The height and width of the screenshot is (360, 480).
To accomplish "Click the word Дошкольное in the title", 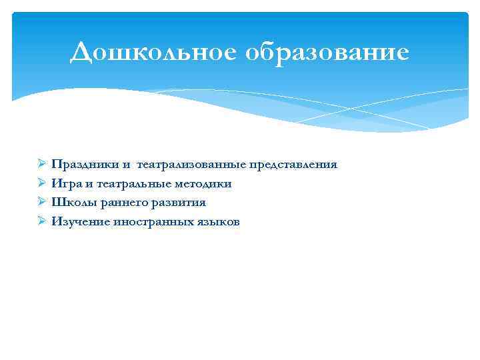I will tap(155, 53).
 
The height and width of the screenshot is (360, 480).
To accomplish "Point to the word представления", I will tap(294, 164).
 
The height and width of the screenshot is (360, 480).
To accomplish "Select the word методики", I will tap(201, 183).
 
